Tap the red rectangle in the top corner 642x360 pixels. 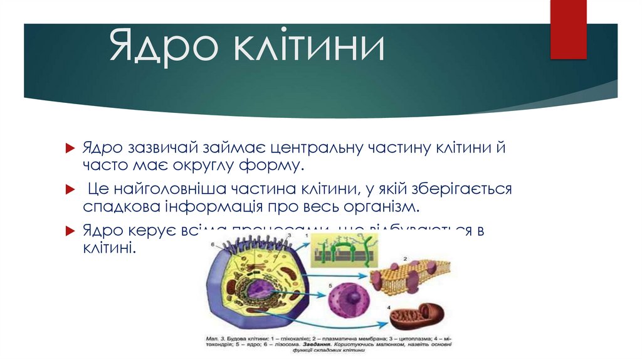567,28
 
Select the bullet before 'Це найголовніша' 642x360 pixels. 70,189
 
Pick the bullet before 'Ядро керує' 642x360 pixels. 70,230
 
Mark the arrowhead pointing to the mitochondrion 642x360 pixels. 384,324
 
